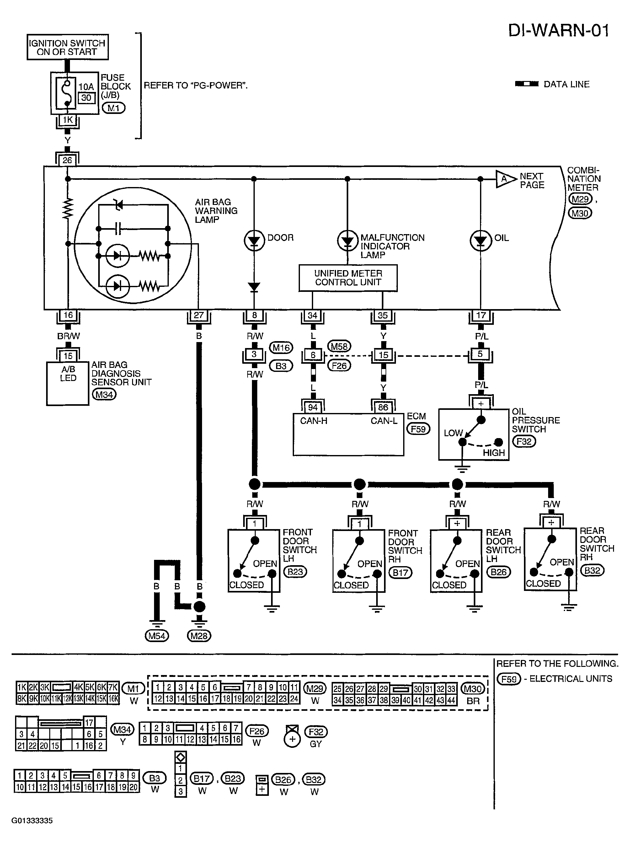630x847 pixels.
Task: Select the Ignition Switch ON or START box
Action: pos(67,47)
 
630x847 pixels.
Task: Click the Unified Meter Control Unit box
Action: pos(348,278)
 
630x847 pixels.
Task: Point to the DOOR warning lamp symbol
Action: pos(254,241)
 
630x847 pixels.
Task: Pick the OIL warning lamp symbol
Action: pos(481,241)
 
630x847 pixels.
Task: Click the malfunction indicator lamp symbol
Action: pos(347,241)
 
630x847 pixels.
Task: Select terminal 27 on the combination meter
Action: pos(199,315)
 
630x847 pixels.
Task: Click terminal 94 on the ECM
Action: pos(313,407)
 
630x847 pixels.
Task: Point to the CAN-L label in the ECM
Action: pos(384,421)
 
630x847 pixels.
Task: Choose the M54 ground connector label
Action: pos(157,636)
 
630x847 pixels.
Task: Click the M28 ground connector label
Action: pos(199,636)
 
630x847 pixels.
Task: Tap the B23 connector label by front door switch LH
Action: pos(295,572)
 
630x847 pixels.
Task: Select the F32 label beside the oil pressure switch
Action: pos(524,441)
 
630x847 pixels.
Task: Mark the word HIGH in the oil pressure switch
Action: pos(494,453)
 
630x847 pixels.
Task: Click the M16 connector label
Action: pos(281,347)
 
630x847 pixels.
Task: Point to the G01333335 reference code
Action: pos(32,821)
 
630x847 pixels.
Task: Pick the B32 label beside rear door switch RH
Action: pos(592,571)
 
